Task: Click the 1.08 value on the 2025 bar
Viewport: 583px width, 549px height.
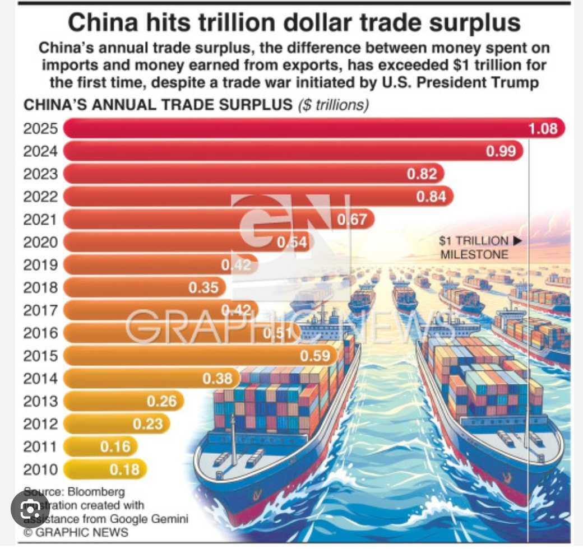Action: click(543, 129)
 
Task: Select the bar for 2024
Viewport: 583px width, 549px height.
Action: click(280, 151)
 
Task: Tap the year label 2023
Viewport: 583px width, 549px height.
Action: click(40, 174)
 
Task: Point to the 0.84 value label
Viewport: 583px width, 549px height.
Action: click(431, 197)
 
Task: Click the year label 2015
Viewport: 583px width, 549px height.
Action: click(40, 356)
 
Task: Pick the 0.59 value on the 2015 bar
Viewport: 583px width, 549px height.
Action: click(315, 356)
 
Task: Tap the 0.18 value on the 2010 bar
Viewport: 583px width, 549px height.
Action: click(124, 469)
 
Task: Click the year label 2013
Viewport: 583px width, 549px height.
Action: click(40, 401)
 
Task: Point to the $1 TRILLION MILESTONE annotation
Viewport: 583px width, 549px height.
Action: click(479, 248)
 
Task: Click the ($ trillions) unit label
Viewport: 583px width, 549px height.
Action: click(333, 105)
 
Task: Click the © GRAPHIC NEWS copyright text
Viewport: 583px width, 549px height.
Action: click(76, 532)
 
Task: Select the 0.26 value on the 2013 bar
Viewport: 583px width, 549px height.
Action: click(161, 401)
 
